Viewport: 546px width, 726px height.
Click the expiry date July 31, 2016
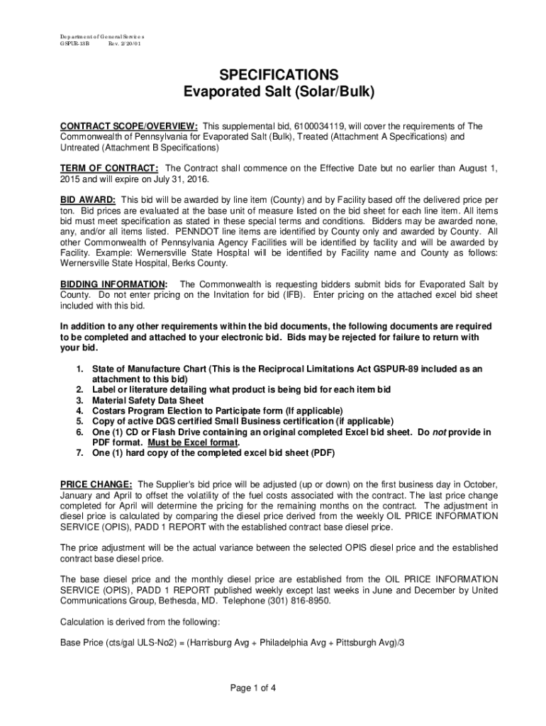tap(191, 179)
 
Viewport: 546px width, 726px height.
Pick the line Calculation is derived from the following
tap(140, 622)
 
